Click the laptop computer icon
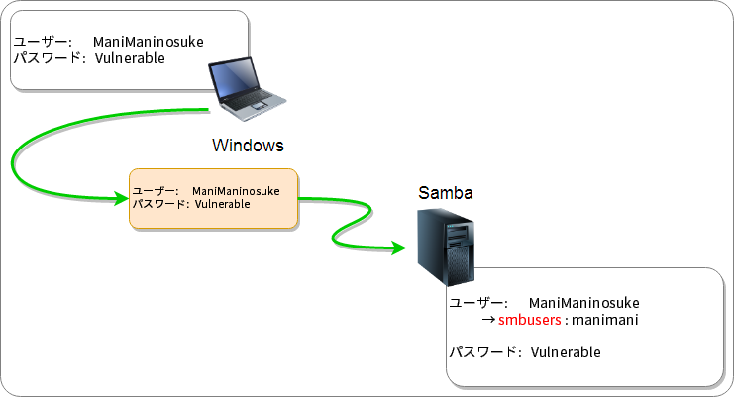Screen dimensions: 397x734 248,87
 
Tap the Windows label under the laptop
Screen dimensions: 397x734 248,146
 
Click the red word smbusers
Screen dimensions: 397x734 530,321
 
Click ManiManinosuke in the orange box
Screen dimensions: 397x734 236,190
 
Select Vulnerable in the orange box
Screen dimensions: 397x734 222,204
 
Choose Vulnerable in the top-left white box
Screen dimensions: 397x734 130,58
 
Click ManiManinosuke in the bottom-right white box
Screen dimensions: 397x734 584,302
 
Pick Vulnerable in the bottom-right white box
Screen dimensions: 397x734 566,352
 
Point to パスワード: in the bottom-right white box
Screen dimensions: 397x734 486,352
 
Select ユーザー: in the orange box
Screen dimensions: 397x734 155,190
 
